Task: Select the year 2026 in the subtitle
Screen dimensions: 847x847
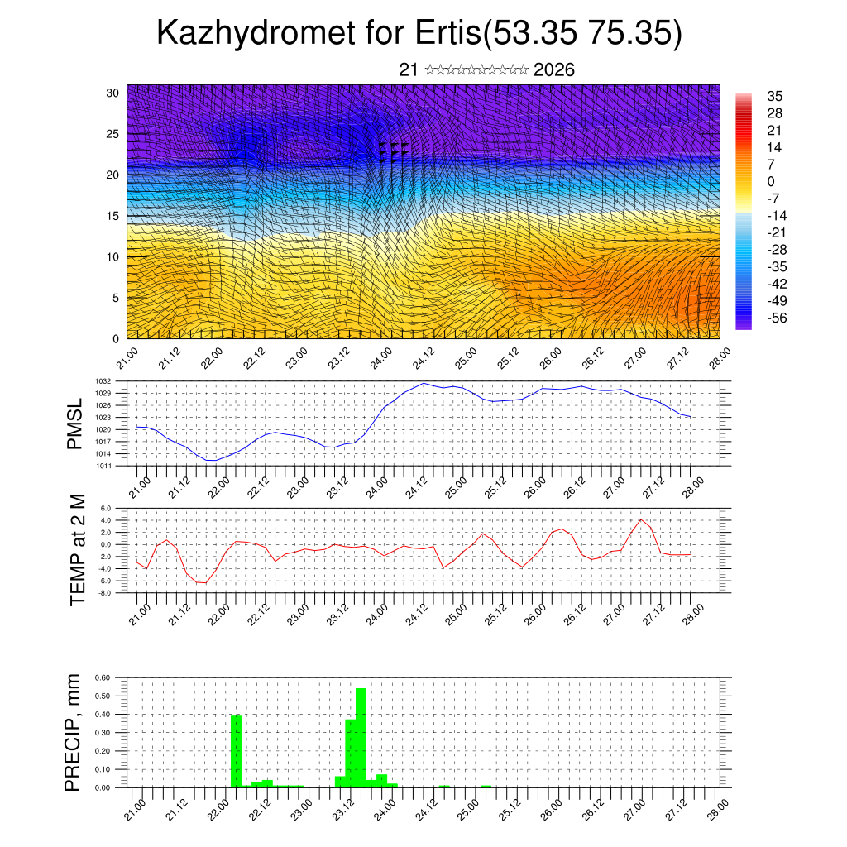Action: coord(554,70)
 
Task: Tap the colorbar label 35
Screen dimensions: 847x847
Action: coord(775,96)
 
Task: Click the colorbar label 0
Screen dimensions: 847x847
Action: coord(771,181)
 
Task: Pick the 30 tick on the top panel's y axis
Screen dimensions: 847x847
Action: coord(113,93)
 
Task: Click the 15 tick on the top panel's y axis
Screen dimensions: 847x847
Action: coord(113,216)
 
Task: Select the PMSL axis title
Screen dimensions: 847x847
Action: coord(76,423)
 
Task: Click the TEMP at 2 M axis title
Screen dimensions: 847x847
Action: coord(78,549)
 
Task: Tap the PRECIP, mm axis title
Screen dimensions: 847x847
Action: coord(76,733)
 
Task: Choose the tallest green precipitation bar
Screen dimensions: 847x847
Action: coord(361,736)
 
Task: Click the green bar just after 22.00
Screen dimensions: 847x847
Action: coord(236,751)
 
